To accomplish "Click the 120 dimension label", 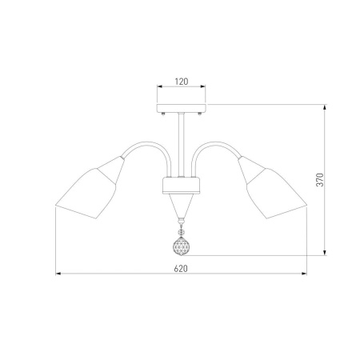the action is tap(182, 82).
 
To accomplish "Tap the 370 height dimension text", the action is tap(320, 180).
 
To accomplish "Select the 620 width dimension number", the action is tap(181, 269).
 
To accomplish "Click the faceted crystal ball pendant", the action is tap(182, 246).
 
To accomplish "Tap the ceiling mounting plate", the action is tap(182, 108).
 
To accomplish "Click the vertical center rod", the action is tap(182, 145).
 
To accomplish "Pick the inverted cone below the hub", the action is tap(182, 206).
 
